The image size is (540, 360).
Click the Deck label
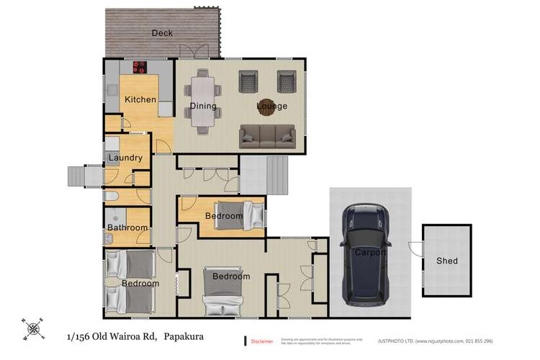pos(162,32)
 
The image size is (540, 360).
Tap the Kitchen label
pos(140,99)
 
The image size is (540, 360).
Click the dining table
pos(204,105)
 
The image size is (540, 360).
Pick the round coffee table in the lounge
pos(268,107)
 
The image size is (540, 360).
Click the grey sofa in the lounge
pos(268,135)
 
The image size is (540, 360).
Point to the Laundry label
pos(125,158)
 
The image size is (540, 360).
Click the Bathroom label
pos(127,228)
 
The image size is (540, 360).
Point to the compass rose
pos(32,329)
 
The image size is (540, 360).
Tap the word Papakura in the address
pos(189,336)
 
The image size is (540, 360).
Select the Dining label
pos(203,107)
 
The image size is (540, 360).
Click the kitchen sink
pos(114,91)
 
